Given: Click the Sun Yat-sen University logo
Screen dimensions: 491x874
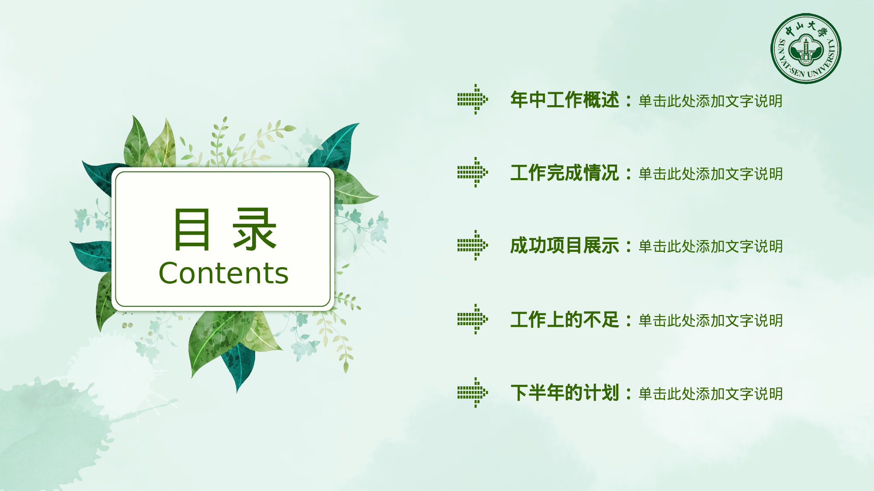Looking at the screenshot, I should [805, 48].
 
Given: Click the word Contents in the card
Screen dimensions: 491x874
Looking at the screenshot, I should [223, 274].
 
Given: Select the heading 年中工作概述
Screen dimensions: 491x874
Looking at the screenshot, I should [565, 100].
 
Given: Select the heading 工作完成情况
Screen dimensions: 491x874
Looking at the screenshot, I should [565, 173].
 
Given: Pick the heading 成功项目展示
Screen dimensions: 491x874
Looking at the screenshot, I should [565, 246].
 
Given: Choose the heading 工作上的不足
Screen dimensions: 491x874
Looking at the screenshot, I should [565, 319].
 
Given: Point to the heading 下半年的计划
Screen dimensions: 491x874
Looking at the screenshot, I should [565, 393].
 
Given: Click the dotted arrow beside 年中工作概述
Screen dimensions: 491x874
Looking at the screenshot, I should [472, 100].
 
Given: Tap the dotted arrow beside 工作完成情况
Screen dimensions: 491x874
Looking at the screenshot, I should [472, 172].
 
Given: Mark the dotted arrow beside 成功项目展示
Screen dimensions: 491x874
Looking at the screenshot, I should [472, 245].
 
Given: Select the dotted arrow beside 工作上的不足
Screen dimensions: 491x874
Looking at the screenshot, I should [472, 319].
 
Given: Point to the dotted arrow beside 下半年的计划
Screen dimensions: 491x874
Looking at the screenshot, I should [472, 392].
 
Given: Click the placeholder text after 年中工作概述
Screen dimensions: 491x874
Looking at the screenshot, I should [711, 101].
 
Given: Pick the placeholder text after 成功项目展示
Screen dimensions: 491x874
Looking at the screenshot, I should [711, 247].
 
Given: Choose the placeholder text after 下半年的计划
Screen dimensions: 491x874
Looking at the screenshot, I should [711, 394].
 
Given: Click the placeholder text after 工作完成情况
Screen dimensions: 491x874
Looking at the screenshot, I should [711, 174].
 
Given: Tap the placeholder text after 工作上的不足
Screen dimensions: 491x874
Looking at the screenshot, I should [711, 321].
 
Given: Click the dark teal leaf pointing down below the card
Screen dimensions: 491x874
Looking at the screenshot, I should [239, 365].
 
